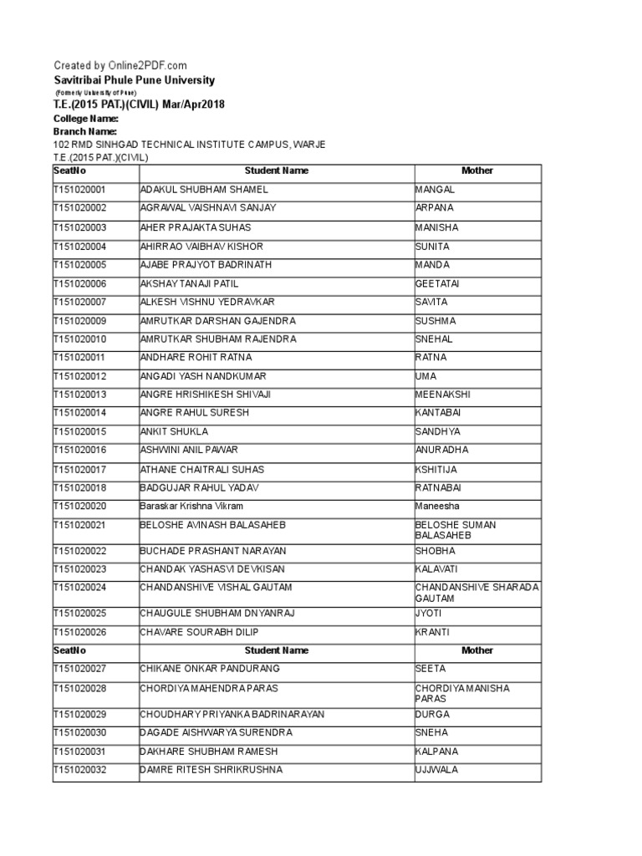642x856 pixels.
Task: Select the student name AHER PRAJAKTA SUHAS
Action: pos(196,227)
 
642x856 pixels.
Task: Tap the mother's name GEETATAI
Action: pos(437,284)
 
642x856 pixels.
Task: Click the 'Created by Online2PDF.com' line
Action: pos(120,65)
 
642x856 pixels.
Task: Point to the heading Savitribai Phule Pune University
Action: pos(134,80)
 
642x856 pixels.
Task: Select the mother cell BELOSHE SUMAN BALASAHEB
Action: pos(456,530)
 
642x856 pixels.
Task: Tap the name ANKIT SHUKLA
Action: pos(175,431)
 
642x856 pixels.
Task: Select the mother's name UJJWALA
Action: pos(437,770)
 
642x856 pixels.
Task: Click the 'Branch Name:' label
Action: pos(85,131)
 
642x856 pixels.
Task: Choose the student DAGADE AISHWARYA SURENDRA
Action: pos(217,732)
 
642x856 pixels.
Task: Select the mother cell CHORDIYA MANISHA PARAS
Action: pos(462,693)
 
